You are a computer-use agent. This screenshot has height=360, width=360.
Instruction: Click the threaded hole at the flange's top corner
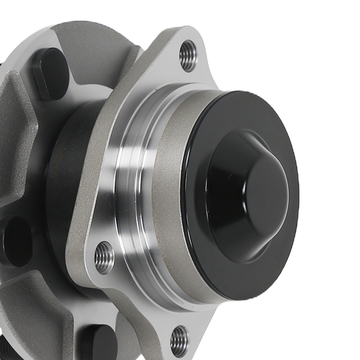tap(188, 56)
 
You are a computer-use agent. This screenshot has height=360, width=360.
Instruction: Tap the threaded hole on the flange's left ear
tap(104, 257)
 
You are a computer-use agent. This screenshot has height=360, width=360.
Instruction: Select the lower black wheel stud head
tap(99, 342)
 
